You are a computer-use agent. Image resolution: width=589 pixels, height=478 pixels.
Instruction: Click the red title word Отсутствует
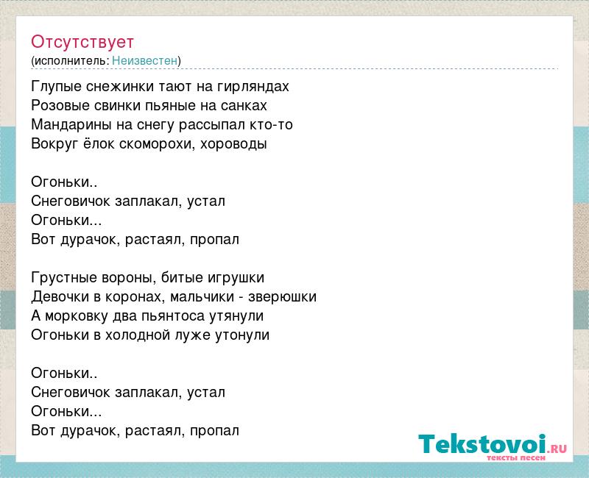point(82,42)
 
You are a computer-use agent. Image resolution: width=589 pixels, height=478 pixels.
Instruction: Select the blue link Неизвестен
point(144,60)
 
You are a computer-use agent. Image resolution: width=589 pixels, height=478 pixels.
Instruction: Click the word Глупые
point(57,87)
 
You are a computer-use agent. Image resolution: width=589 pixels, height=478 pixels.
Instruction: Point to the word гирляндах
point(253,87)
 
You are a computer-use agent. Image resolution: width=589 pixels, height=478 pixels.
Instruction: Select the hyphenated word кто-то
point(271,124)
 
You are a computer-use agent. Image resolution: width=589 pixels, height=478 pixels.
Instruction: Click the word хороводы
point(233,144)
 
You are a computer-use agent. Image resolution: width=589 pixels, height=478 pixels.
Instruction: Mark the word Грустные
point(64,278)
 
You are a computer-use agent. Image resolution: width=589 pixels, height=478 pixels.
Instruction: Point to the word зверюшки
point(282,297)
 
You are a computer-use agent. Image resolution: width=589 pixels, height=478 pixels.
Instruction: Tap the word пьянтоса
point(173,316)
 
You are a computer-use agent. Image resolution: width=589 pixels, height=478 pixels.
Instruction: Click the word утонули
point(242,335)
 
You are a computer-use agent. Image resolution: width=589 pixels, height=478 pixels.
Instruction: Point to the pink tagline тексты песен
point(516,458)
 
